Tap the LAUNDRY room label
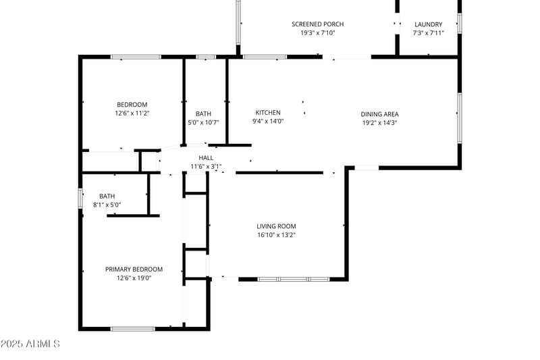428,24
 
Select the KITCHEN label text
268,113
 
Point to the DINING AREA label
380,114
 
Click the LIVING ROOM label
276,226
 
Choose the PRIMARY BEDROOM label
134,269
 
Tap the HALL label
206,158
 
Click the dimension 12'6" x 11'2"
132,113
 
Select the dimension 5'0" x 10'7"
203,123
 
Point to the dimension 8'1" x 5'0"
107,205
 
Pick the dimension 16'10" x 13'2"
276,235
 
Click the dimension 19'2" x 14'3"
380,123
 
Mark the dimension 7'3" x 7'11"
428,32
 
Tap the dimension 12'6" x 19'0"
134,278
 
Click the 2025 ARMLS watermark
30,344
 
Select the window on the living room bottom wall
294,279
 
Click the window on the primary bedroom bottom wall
133,329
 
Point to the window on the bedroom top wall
136,57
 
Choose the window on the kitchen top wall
265,57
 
